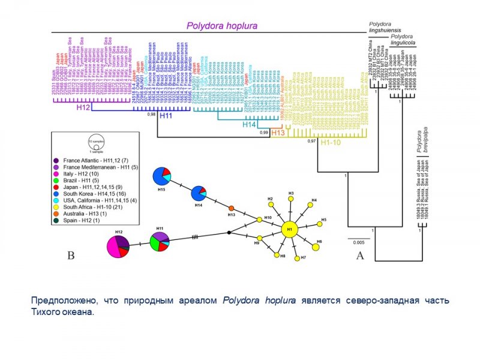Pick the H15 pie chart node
pos(161,176)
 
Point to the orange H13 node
pos(231,208)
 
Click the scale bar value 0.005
pos(358,242)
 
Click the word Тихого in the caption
pos(42,311)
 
